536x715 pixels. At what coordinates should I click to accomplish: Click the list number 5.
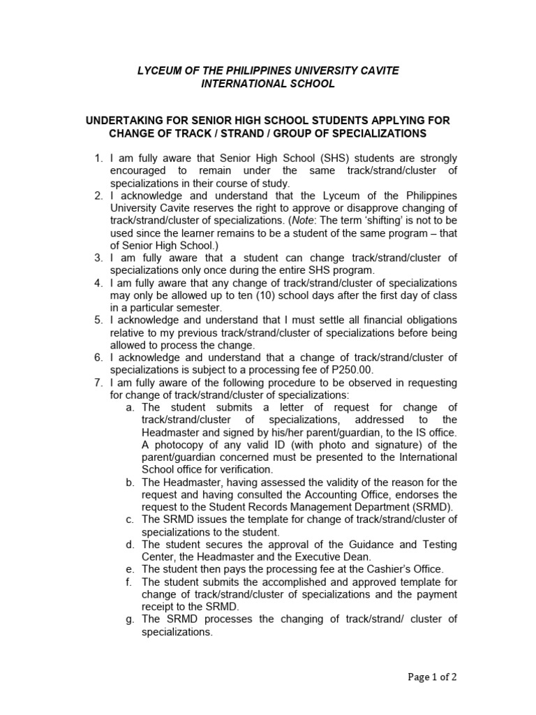[x=98, y=320]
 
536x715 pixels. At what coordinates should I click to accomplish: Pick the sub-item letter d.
[x=130, y=544]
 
